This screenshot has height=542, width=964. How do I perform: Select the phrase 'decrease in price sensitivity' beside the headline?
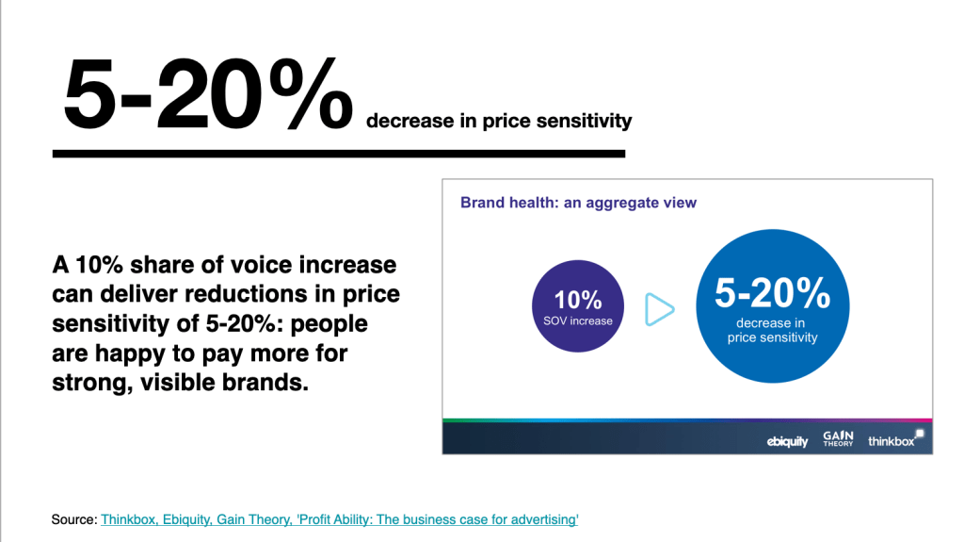click(x=499, y=121)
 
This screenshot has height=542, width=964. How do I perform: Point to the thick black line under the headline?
click(x=339, y=153)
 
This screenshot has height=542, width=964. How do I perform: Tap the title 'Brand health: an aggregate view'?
click(x=578, y=203)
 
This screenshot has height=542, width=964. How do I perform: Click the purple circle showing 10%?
click(x=578, y=307)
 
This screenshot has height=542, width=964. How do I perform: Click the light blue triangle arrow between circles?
click(x=660, y=309)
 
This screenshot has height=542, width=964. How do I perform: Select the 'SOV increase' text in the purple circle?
click(x=578, y=321)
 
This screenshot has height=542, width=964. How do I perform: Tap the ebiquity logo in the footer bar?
click(x=787, y=441)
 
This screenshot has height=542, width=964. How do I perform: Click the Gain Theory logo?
click(x=838, y=438)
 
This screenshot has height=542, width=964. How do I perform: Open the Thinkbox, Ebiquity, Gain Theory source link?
click(x=339, y=519)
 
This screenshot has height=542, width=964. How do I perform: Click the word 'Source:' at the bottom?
click(x=74, y=519)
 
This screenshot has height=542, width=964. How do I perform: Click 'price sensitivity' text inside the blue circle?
click(x=772, y=337)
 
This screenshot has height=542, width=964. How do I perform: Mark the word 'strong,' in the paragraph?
click(x=89, y=385)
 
